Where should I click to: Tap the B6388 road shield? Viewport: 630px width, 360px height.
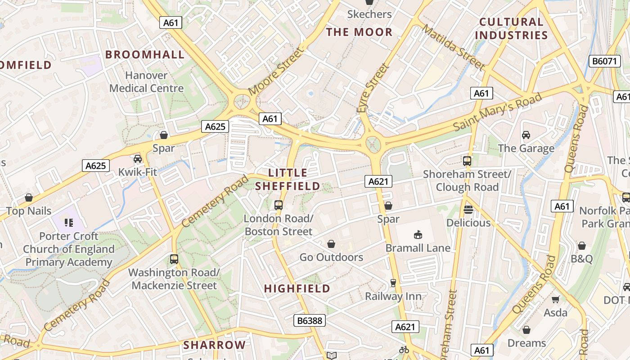pos(310,320)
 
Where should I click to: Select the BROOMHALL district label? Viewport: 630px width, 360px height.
pos(145,55)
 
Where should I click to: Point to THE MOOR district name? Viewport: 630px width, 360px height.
pos(359,32)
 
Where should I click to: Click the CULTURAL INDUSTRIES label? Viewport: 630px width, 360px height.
pos(511,28)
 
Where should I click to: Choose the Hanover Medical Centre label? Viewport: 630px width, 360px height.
pos(146,82)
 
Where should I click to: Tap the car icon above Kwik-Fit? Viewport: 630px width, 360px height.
pos(138,158)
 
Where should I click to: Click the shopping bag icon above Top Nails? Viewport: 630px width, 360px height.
pos(29,198)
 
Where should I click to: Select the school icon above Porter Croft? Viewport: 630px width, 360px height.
pos(68,222)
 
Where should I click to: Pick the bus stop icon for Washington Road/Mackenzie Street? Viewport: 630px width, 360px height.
pos(174,259)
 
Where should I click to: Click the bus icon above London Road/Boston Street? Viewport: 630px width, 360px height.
pos(279,205)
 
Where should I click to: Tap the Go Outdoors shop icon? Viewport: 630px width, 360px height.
pos(331,244)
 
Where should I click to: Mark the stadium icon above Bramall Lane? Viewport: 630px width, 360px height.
pos(418,234)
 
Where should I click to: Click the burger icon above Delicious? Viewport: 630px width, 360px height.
pos(468,209)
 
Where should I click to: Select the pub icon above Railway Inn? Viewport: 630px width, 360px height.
pos(393,283)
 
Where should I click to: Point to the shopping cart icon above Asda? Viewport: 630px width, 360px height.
pos(556,299)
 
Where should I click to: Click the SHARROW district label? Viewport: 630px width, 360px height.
pos(215,345)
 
